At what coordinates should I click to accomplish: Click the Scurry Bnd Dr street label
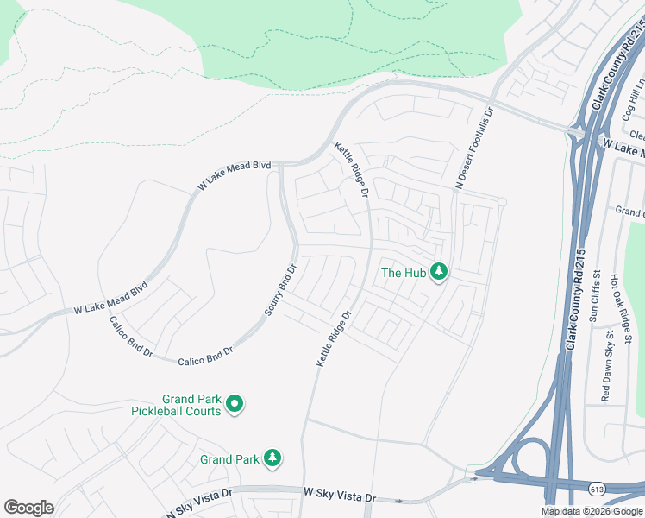point(280,290)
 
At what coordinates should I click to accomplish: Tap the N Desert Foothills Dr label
point(475,148)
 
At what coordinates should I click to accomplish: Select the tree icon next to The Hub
point(440,272)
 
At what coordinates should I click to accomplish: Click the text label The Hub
point(404,273)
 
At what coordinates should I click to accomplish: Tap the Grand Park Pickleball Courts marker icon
point(234,403)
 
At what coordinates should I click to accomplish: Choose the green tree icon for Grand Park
point(273,458)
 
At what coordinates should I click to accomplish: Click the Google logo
point(28,508)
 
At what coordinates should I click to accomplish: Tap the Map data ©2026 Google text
point(591,511)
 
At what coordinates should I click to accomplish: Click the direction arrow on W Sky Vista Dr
point(399,501)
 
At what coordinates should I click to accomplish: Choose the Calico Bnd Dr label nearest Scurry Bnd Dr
point(206,356)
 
